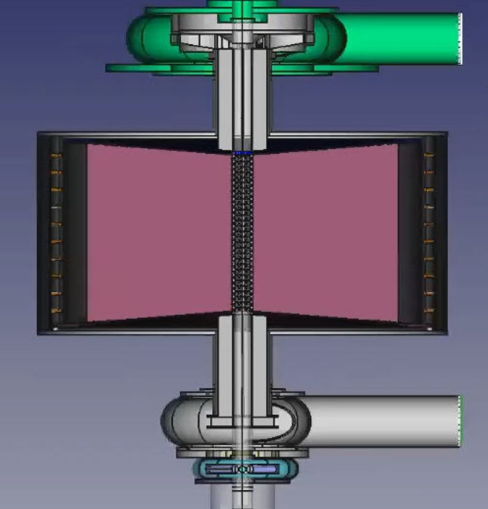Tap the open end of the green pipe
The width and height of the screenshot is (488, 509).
pyautogui.click(x=459, y=38)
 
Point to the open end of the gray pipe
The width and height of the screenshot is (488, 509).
pyautogui.click(x=459, y=422)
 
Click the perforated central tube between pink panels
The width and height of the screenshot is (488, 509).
pyautogui.click(x=243, y=232)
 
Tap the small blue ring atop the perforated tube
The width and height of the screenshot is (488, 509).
pyautogui.click(x=243, y=152)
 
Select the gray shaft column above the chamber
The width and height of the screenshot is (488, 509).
pyautogui.click(x=243, y=98)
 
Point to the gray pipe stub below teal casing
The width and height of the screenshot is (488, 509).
pyautogui.click(x=243, y=498)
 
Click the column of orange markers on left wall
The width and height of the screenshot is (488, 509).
pyautogui.click(x=56, y=232)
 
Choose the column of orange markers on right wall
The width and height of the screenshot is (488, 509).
pyautogui.click(x=429, y=232)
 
